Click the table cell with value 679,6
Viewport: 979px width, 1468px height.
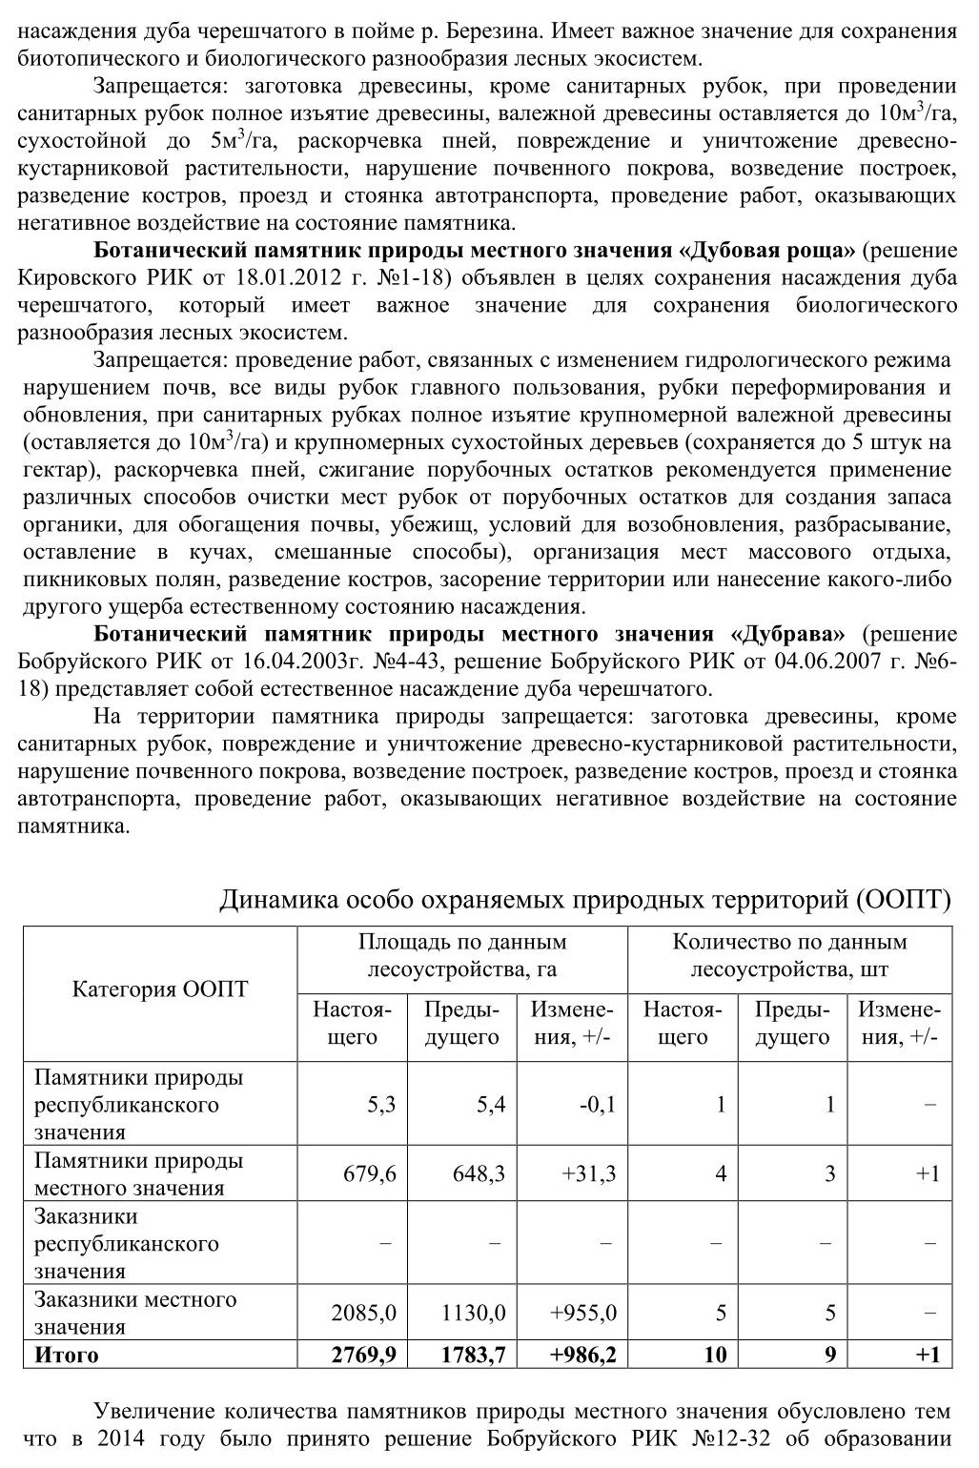(369, 1173)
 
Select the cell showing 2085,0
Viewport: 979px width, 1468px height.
(363, 1313)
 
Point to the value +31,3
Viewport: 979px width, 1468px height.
(588, 1173)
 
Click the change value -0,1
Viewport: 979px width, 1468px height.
(597, 1105)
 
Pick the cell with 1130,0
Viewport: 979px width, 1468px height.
(473, 1313)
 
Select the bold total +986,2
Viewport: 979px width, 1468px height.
(581, 1354)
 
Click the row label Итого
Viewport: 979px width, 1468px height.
(66, 1354)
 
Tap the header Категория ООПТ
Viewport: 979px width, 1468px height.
(159, 989)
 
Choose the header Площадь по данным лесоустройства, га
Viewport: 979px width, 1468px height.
(462, 955)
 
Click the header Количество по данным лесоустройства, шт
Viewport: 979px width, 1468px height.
(789, 955)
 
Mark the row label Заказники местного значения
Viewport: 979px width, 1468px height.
(134, 1313)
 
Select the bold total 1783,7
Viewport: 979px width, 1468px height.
(473, 1354)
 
